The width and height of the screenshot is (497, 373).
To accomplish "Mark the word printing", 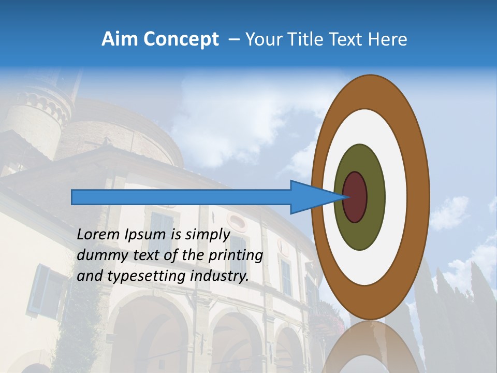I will [236, 255].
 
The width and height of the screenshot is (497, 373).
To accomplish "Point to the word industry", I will [220, 276].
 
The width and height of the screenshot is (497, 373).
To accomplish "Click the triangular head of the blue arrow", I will [311, 197].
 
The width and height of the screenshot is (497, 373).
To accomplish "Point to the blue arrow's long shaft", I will [181, 197].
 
